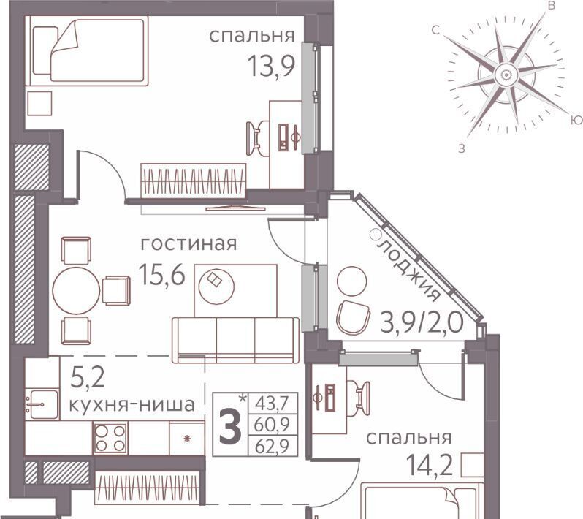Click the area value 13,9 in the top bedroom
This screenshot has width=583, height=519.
click(272, 66)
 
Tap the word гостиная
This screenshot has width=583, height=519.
click(188, 244)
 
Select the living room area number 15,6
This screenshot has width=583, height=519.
click(161, 274)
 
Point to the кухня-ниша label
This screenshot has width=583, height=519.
click(132, 404)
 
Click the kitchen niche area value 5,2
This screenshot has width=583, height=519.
click(88, 379)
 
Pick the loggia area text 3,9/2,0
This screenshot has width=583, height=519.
click(422, 322)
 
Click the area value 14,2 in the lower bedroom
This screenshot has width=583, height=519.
click(430, 465)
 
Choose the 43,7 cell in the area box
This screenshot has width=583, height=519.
click(273, 404)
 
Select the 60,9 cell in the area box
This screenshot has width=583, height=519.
click(273, 425)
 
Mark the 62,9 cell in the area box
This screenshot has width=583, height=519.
click(273, 446)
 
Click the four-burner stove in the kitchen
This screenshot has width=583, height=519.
click(110, 438)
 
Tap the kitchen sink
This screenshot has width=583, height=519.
click(42, 404)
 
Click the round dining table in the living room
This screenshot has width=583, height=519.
click(77, 290)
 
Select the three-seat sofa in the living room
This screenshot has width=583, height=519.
click(235, 340)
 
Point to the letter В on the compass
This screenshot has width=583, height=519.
click(552, 6)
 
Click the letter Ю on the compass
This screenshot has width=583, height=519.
click(576, 120)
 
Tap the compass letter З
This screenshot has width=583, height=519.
click(462, 149)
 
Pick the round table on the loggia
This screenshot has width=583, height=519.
click(351, 281)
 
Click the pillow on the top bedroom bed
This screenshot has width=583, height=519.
click(45, 50)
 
